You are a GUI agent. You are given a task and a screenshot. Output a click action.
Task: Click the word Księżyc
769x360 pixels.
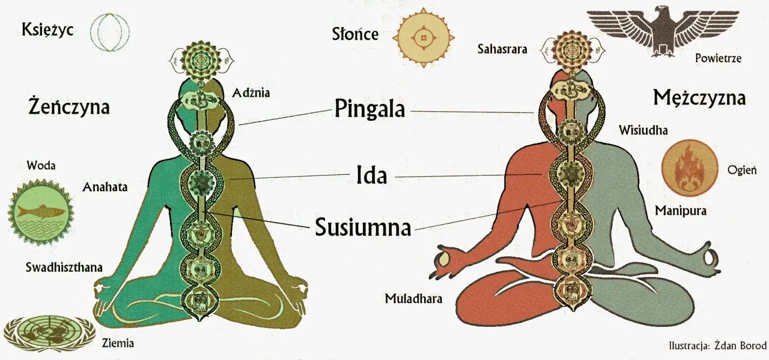[47, 30]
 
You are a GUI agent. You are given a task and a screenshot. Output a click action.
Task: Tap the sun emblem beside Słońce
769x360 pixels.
[424, 37]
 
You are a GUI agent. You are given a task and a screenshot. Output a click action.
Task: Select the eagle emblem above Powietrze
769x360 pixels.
[663, 30]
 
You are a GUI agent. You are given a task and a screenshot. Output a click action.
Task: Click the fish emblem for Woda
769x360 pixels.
[41, 212]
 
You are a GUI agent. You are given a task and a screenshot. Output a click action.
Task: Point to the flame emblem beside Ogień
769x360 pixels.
[690, 168]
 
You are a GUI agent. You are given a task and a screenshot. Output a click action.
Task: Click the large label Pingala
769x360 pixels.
[369, 109]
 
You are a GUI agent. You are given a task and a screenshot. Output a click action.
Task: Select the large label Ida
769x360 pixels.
[372, 175]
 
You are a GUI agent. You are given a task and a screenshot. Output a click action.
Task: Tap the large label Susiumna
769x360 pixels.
[363, 227]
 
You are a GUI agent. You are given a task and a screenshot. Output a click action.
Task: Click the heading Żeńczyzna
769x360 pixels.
[69, 107]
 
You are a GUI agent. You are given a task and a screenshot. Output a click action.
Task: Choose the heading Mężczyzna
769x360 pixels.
[699, 98]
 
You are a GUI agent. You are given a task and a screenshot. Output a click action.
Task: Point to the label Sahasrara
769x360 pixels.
[502, 49]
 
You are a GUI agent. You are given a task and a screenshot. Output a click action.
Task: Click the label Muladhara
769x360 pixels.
[413, 299]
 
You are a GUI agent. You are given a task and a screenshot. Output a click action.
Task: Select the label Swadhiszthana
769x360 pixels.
[64, 267]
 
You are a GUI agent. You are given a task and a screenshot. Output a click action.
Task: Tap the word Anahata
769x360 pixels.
[105, 187]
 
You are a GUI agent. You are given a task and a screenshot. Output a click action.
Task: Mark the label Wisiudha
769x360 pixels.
[643, 130]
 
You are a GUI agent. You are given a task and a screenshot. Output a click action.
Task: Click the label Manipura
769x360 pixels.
[681, 210]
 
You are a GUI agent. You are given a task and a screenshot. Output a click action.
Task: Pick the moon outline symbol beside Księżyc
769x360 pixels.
[110, 32]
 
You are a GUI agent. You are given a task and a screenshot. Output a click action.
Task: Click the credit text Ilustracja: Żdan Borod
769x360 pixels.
[718, 346]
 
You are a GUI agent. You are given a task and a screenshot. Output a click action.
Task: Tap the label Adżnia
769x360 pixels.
[251, 93]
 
